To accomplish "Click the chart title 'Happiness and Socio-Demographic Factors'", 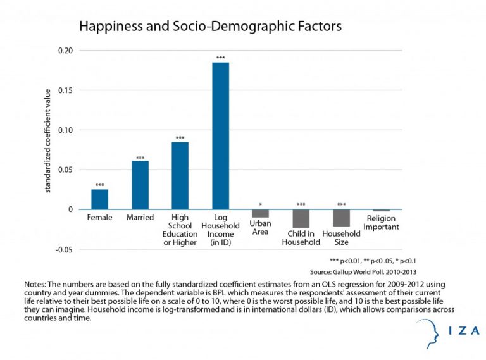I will pyautogui.click(x=209, y=27).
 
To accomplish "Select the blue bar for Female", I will pyautogui.click(x=99, y=199).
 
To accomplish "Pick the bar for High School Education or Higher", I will pyautogui.click(x=180, y=176).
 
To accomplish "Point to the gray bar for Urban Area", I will pyautogui.click(x=260, y=213).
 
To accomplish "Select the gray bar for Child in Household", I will pyautogui.click(x=301, y=218).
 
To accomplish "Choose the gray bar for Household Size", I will pyautogui.click(x=341, y=218).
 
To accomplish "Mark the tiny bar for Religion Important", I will pyautogui.click(x=381, y=210).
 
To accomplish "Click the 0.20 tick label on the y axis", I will pyautogui.click(x=65, y=51).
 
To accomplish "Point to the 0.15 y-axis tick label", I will pyautogui.click(x=65, y=90).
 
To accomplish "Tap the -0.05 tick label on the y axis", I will pyautogui.click(x=64, y=249).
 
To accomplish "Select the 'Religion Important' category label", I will pyautogui.click(x=382, y=223).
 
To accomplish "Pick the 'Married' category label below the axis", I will pyautogui.click(x=140, y=218).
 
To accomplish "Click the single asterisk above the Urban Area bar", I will pyautogui.click(x=260, y=205).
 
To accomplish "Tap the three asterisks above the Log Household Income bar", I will pyautogui.click(x=220, y=58).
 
